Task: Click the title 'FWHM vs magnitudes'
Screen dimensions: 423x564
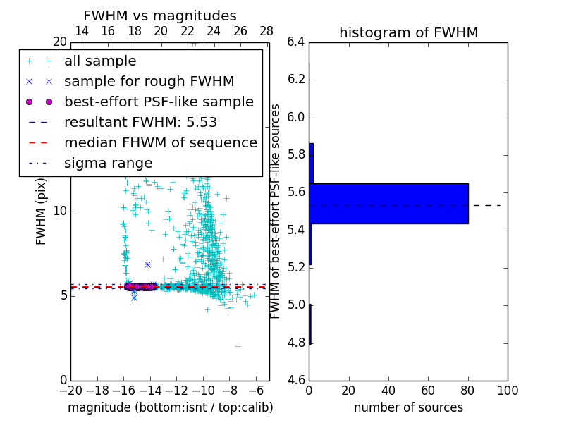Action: tap(160, 16)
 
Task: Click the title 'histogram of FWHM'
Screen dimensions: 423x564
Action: tap(408, 32)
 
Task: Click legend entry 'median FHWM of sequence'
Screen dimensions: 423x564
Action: tap(160, 142)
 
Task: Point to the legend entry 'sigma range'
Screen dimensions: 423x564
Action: tap(108, 163)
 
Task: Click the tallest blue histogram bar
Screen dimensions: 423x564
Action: tap(388, 203)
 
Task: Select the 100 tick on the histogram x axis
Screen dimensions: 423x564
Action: tap(508, 391)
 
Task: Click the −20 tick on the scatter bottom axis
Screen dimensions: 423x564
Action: tap(70, 391)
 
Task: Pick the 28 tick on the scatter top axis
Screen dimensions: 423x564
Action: tap(266, 31)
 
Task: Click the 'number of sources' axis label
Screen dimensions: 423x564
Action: tap(408, 407)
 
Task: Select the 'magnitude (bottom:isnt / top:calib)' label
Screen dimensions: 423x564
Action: tap(170, 407)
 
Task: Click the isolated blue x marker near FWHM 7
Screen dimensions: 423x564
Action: tap(147, 264)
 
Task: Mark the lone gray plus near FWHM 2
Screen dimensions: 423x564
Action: tap(238, 346)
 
